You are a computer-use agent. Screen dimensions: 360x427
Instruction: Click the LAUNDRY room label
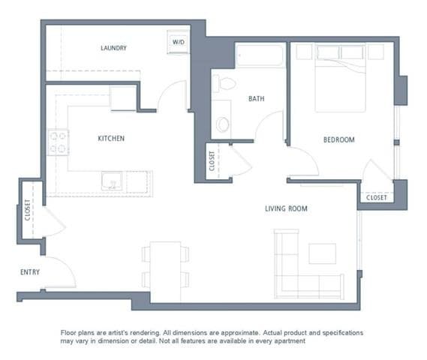pyautogui.click(x=113, y=48)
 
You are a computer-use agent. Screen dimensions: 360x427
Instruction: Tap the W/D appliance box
pyautogui.click(x=179, y=43)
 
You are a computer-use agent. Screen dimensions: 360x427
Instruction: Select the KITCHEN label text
pyautogui.click(x=111, y=139)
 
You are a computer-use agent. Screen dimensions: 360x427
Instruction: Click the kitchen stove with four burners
pyautogui.click(x=59, y=142)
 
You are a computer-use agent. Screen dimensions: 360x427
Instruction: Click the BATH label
pyautogui.click(x=257, y=98)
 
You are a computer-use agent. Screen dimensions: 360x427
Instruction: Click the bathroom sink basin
pyautogui.click(x=223, y=124)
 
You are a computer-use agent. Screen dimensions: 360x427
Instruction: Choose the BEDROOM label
pyautogui.click(x=339, y=139)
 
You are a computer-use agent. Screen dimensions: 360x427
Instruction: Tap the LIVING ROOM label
pyautogui.click(x=286, y=208)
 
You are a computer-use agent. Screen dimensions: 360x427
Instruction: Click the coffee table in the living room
pyautogui.click(x=323, y=253)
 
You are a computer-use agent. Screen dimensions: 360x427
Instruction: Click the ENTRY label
pyautogui.click(x=30, y=272)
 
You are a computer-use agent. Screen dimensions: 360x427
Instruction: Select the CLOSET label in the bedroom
pyautogui.click(x=376, y=198)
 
